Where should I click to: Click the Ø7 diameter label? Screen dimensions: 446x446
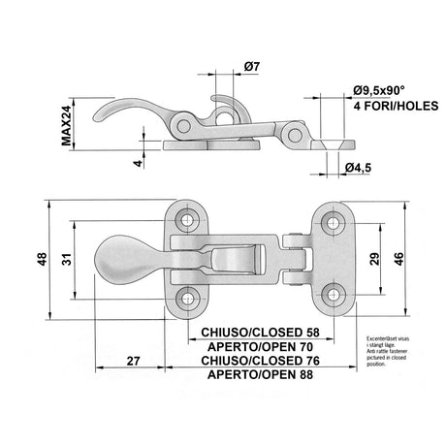250,66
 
